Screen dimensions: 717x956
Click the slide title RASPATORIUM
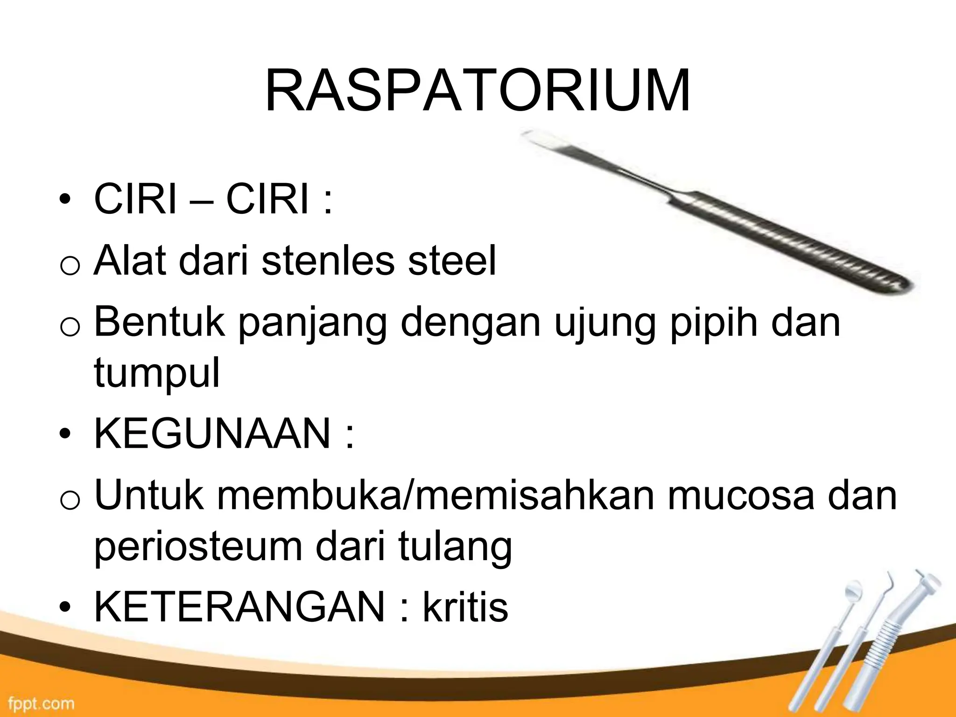coord(477,92)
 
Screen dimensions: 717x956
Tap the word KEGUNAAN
coord(212,433)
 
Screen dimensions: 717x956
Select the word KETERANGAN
coord(240,606)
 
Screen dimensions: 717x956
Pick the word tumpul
coord(156,373)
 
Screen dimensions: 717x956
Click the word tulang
coord(455,547)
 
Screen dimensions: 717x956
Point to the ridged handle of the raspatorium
coord(794,243)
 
